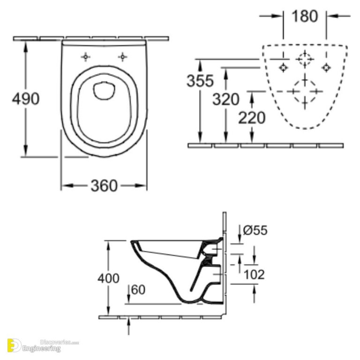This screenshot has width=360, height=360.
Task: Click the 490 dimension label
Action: (x=26, y=99)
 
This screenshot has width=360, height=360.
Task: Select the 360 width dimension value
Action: (x=104, y=186)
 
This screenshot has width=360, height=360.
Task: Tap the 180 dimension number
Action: (x=305, y=16)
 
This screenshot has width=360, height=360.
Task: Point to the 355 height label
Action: (x=200, y=81)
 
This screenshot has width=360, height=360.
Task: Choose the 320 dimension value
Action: (x=225, y=99)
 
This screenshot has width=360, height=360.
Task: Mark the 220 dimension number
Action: (x=252, y=117)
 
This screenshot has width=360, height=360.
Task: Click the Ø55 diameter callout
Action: (x=255, y=230)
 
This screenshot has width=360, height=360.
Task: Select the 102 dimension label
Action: (x=254, y=274)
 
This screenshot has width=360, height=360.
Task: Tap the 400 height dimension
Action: (x=108, y=278)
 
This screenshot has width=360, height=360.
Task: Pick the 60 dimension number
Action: (x=138, y=290)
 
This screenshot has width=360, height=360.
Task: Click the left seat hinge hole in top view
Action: (x=85, y=57)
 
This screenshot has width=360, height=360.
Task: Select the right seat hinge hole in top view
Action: (x=122, y=57)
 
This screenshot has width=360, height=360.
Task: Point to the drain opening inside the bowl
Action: (x=104, y=90)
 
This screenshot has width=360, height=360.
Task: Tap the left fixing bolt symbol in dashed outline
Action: (x=283, y=67)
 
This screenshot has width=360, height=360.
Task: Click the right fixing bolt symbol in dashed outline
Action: (x=325, y=67)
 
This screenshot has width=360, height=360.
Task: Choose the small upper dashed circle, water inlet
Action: (x=304, y=59)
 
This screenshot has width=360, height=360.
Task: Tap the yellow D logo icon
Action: (x=14, y=346)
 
